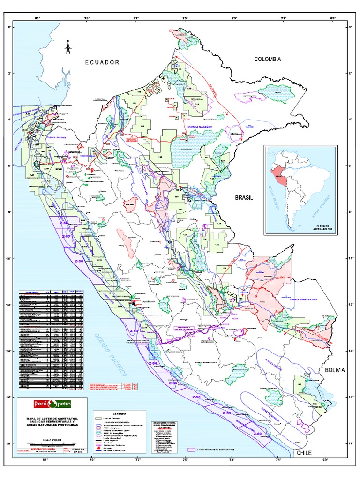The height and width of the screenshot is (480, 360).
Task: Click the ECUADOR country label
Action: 102,62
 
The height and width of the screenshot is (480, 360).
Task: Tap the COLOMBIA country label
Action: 267,59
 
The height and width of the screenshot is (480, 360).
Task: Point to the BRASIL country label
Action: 244,198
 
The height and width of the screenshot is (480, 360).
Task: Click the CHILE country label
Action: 304,453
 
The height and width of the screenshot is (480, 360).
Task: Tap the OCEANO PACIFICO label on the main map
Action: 111,354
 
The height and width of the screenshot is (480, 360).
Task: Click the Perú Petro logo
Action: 52,404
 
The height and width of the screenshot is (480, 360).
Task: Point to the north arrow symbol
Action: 68,46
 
